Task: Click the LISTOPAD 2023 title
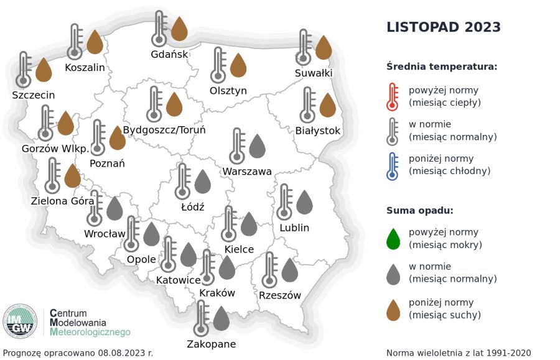(444, 27)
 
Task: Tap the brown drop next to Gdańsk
(179, 29)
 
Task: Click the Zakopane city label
(212, 344)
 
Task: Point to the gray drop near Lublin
(304, 202)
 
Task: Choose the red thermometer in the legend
(392, 96)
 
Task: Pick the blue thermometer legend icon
(392, 165)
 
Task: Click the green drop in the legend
(393, 238)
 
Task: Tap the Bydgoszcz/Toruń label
(164, 131)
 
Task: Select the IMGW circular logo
(21, 321)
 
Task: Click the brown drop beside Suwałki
(324, 48)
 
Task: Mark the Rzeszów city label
(280, 295)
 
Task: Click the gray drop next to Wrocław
(114, 208)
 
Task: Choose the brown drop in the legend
(393, 309)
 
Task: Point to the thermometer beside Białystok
(307, 105)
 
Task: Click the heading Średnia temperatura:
(441, 67)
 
